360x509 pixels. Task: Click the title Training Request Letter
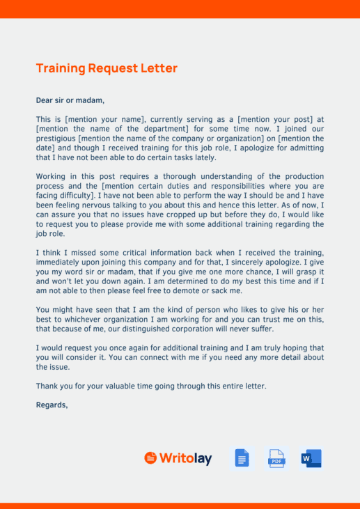click(107, 68)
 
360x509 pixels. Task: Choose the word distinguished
click(159, 329)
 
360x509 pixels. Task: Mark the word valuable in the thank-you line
click(118, 385)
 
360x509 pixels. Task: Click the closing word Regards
click(52, 404)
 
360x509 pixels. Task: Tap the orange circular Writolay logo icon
click(150, 457)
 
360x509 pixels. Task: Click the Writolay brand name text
click(185, 458)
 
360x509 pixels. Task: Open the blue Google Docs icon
click(242, 458)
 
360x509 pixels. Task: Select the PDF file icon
click(276, 458)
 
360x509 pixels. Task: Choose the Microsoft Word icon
click(311, 458)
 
